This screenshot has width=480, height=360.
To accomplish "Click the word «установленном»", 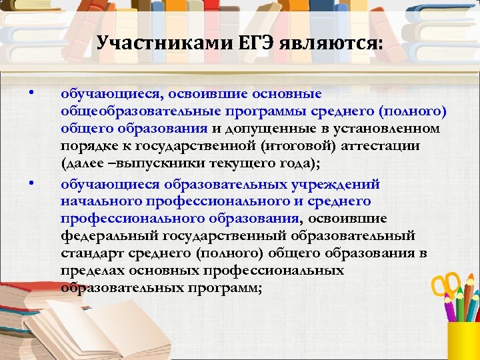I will coord(393,128).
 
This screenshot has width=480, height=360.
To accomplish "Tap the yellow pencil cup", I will coord(464,340).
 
